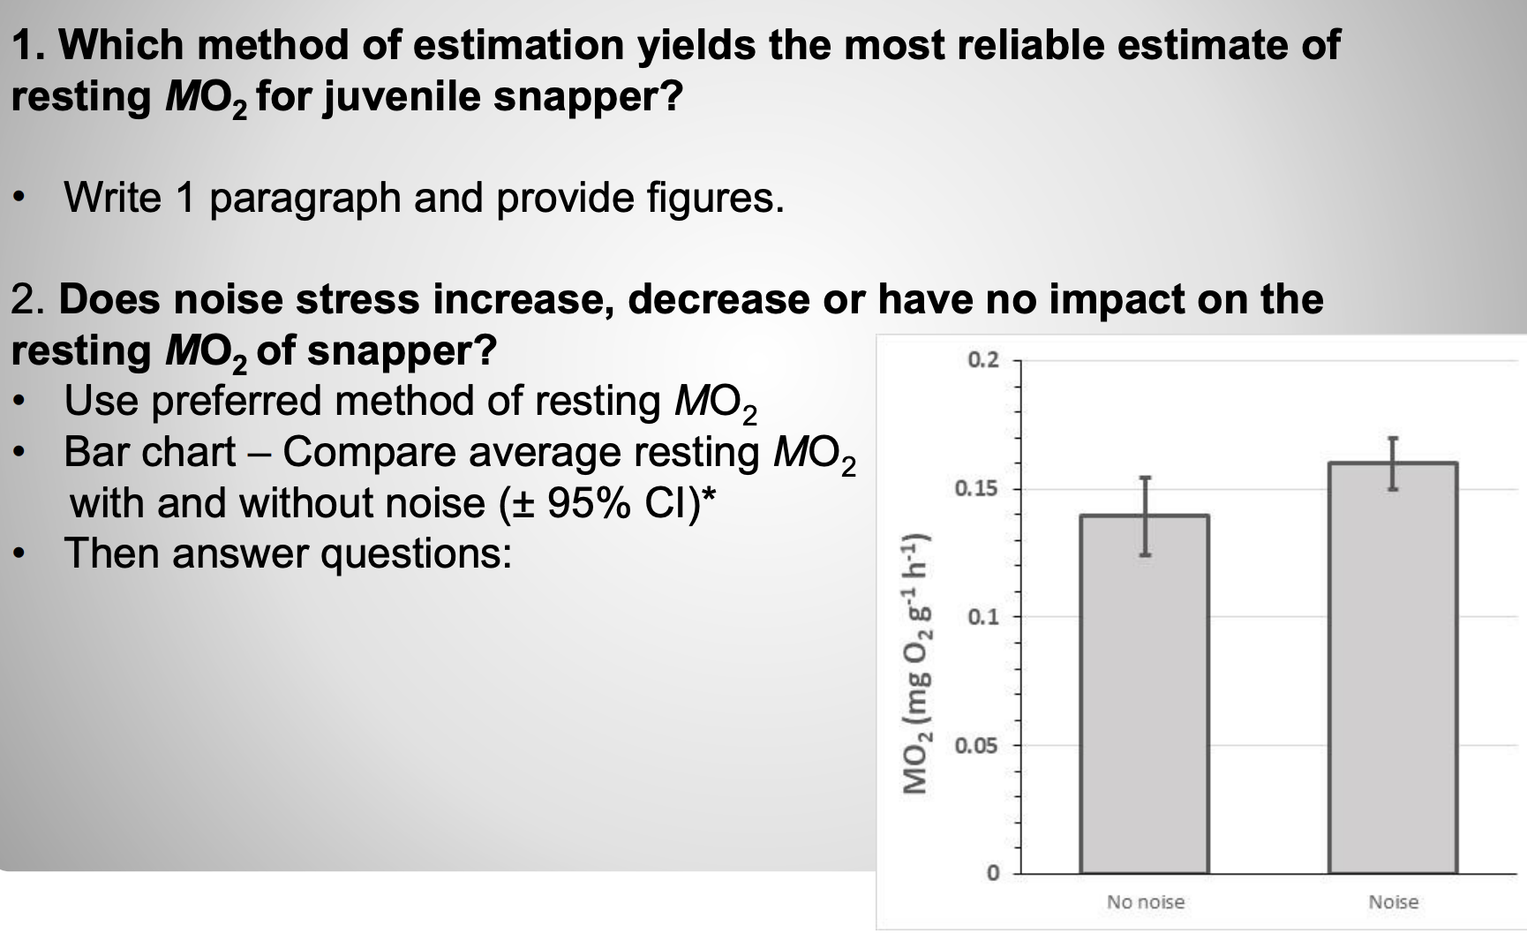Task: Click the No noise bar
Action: tap(1145, 697)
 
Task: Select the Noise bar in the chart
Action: tap(1393, 671)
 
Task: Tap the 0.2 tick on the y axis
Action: tap(982, 360)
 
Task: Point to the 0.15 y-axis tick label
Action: tap(976, 488)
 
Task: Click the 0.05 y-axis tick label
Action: tap(976, 746)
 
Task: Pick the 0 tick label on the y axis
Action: tap(992, 874)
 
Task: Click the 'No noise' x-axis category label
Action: tap(1145, 902)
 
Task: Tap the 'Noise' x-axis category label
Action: tap(1393, 902)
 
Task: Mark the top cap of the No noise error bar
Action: tap(1145, 478)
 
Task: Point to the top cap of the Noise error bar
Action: tap(1393, 438)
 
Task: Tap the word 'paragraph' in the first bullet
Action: tap(305, 197)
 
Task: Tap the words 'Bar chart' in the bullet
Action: tap(149, 452)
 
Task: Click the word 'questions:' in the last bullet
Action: tap(416, 554)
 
